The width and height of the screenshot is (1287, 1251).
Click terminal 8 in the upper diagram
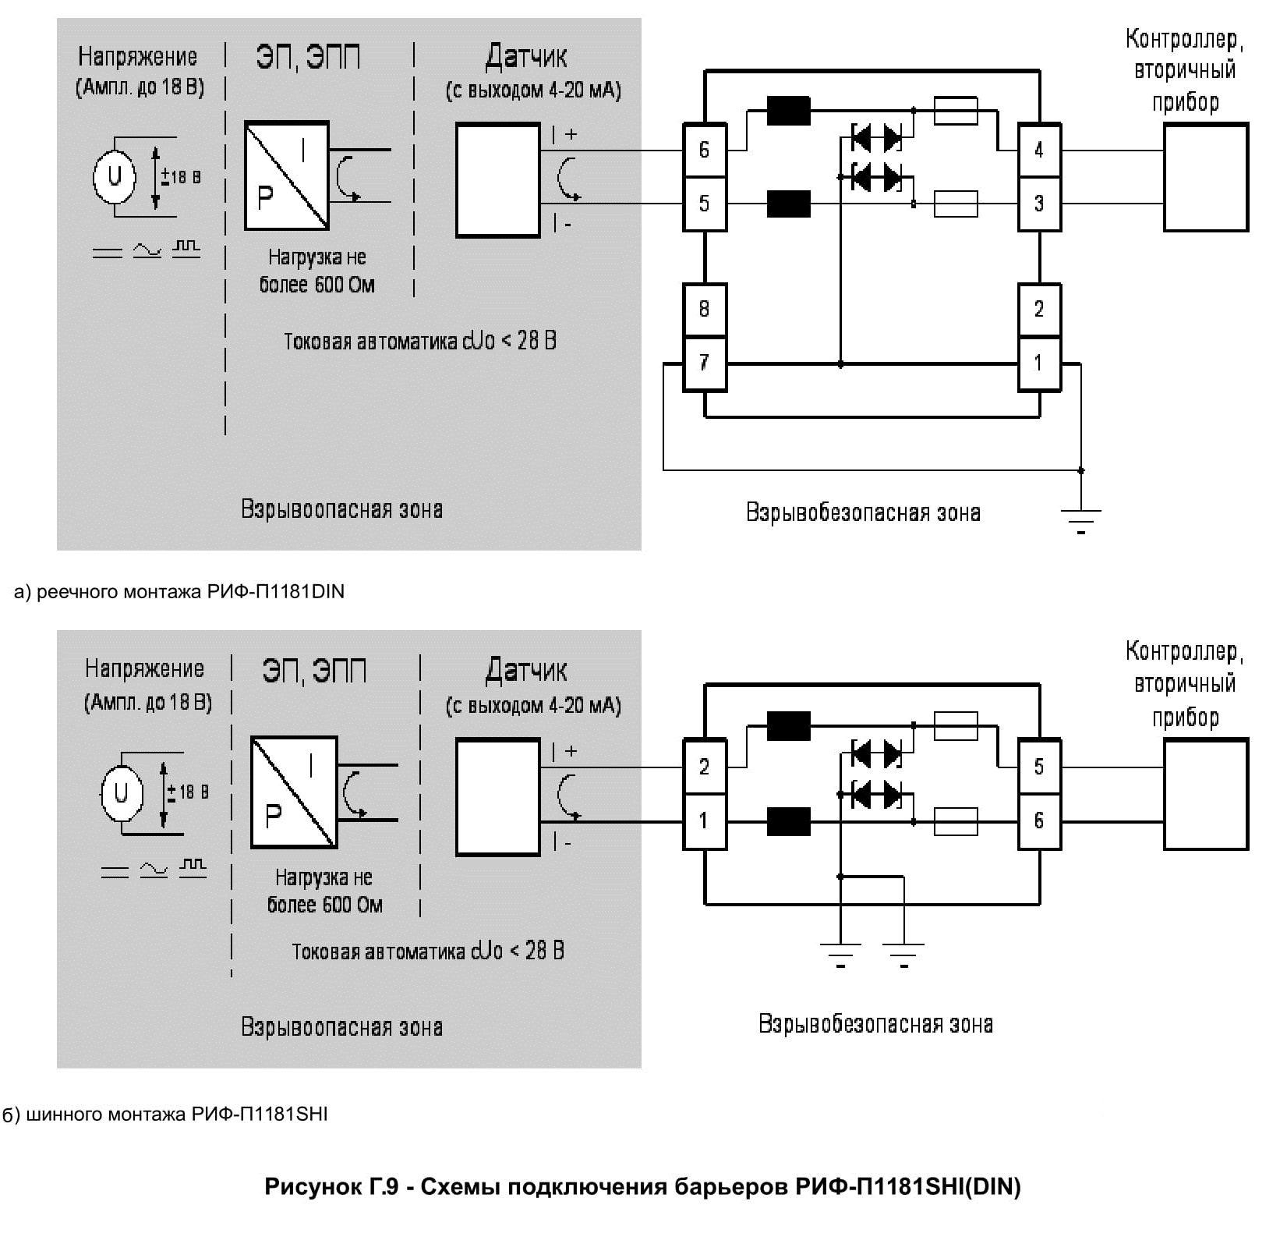pos(704,310)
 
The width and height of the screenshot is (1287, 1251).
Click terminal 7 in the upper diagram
pos(704,363)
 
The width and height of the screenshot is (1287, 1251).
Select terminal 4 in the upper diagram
pos(1039,150)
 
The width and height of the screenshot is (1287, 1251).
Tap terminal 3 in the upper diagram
pos(1039,204)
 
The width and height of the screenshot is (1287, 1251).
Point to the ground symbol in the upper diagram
pos(1080,518)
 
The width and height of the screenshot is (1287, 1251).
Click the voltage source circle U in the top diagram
pos(115,176)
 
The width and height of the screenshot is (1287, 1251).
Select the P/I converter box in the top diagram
pos(287,175)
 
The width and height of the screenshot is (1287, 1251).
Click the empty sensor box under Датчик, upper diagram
pos(497,180)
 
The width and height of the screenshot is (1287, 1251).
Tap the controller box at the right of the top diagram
pos(1205,177)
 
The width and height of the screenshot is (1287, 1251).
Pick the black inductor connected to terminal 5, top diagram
pos(788,204)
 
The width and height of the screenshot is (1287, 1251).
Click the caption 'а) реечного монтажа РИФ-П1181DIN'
pos(179,592)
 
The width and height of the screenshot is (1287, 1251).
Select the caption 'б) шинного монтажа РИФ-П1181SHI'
pos(164,1115)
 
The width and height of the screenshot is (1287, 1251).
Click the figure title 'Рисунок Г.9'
pos(642,1187)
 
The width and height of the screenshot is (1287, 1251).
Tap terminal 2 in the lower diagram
pos(704,767)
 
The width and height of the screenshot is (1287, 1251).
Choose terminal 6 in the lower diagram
pos(1039,821)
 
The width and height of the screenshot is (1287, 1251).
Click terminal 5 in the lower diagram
pos(1039,767)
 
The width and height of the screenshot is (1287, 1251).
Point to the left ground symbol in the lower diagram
pos(840,952)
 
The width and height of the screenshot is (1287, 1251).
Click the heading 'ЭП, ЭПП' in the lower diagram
pos(314,671)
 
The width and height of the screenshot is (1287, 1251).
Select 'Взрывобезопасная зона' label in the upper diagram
pos(863,512)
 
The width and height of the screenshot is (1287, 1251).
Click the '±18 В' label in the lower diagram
pos(188,792)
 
